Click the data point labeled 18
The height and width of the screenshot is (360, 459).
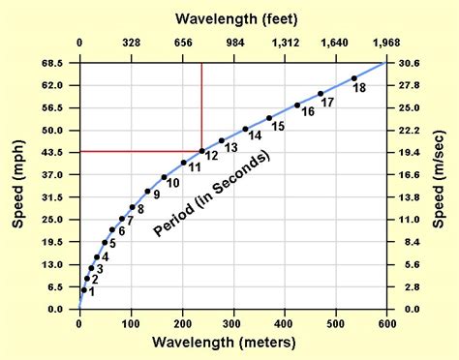(x=354, y=78)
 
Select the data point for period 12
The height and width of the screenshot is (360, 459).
(x=201, y=151)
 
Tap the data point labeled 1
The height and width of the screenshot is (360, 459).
(x=83, y=289)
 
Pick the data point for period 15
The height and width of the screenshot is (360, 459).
(x=269, y=118)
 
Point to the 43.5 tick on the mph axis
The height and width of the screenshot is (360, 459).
(x=53, y=152)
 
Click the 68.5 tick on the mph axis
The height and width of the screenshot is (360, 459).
(x=53, y=63)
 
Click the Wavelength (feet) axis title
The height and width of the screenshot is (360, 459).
(x=232, y=17)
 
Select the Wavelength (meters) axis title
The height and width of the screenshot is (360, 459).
(x=232, y=344)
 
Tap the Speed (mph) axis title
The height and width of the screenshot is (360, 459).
(x=17, y=185)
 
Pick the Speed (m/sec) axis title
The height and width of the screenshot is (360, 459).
(x=442, y=185)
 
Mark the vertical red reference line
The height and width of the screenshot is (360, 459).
(x=201, y=106)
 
